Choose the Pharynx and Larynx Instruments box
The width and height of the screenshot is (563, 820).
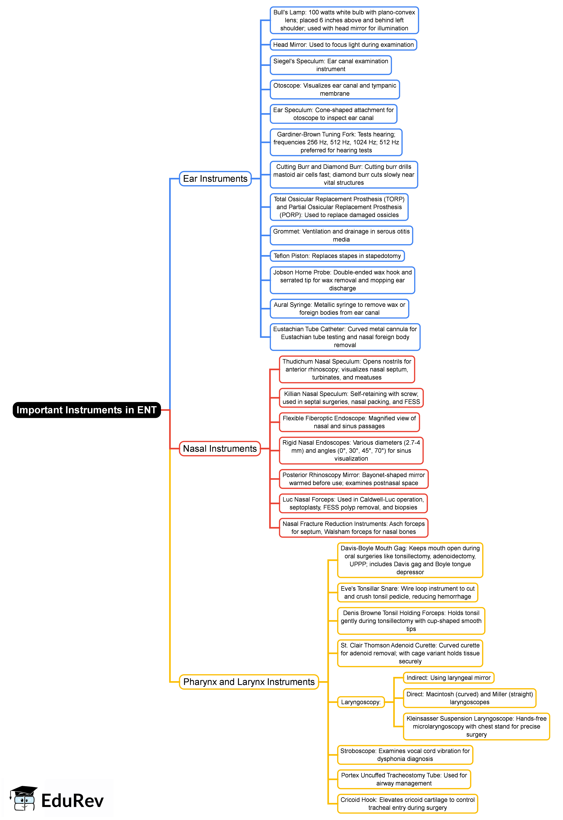249,682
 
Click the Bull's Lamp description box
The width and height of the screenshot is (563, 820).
344,20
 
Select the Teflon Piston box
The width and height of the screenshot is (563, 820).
337,256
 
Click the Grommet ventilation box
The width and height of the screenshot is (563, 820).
341,235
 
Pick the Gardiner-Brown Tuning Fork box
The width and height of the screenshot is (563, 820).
336,142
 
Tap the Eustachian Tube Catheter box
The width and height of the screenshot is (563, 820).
345,337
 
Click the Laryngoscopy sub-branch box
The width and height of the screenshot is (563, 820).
361,702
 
